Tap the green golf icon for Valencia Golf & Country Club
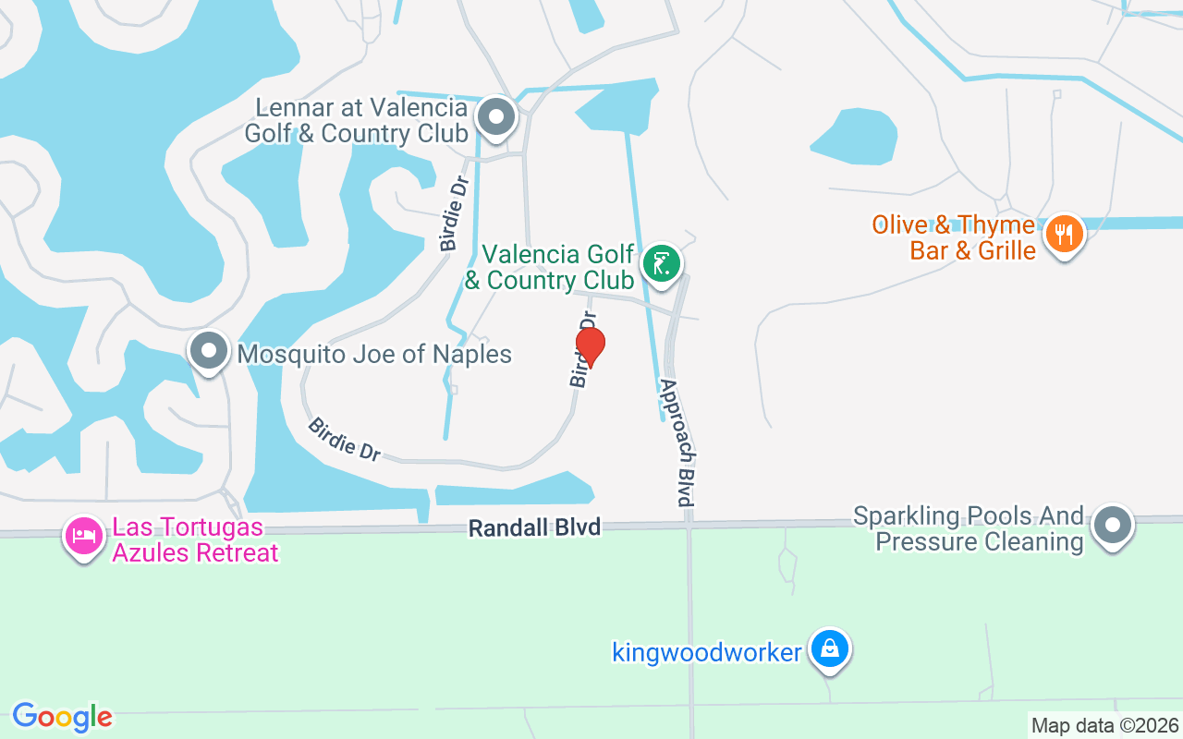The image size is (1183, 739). [661, 264]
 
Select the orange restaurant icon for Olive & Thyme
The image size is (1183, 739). [1064, 235]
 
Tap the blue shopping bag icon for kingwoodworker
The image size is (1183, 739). [830, 649]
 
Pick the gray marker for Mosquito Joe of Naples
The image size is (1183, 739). [209, 352]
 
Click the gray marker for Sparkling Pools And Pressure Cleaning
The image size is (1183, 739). [1112, 526]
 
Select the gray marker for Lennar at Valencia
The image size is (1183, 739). [496, 118]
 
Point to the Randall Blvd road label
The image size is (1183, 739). [534, 527]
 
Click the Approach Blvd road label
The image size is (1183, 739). [677, 442]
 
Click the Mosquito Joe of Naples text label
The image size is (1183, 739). [374, 354]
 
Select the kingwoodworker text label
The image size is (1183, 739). [707, 652]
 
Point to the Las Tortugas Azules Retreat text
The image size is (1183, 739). [195, 540]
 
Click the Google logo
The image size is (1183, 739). [62, 716]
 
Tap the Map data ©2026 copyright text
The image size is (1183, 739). [1104, 725]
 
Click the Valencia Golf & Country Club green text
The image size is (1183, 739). [557, 267]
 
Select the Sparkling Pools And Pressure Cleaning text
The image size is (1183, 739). [968, 527]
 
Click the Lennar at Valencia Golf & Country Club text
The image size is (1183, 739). [355, 121]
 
